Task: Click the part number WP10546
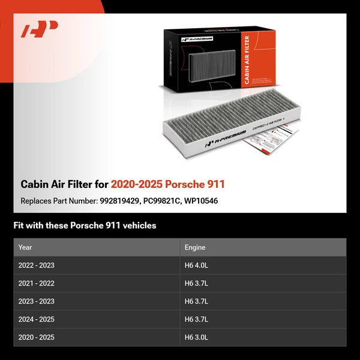[x=201, y=200]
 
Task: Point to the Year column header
[x=25, y=247]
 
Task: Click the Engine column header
[x=195, y=247]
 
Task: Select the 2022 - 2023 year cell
[x=37, y=265]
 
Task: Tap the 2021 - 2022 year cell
[x=37, y=283]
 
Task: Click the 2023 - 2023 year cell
[x=37, y=301]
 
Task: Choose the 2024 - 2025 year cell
[x=37, y=319]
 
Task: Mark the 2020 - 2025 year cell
[x=37, y=337]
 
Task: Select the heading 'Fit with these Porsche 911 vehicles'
[x=85, y=226]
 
